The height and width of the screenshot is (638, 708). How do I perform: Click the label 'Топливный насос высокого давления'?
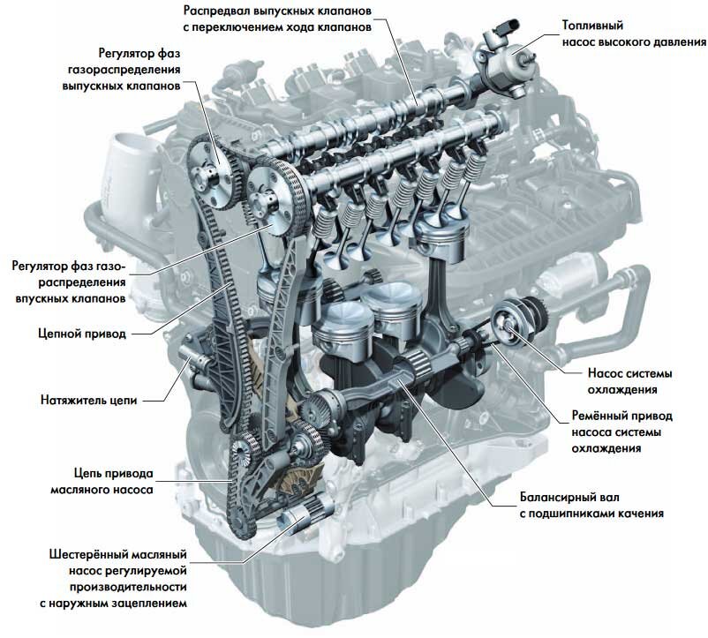point(634,34)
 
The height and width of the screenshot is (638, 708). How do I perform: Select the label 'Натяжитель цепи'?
point(88,401)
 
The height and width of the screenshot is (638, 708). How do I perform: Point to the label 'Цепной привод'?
point(82,334)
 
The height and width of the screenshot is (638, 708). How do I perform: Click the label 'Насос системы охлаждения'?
point(629,381)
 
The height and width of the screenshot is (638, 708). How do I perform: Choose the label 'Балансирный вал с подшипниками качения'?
point(591,506)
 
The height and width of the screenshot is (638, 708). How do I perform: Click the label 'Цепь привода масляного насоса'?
point(102,482)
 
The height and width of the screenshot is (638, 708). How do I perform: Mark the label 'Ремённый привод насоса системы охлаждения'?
point(621,432)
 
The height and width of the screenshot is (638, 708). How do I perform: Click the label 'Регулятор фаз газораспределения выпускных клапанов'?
point(122,70)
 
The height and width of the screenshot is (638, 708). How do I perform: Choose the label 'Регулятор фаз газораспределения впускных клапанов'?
point(69,282)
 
